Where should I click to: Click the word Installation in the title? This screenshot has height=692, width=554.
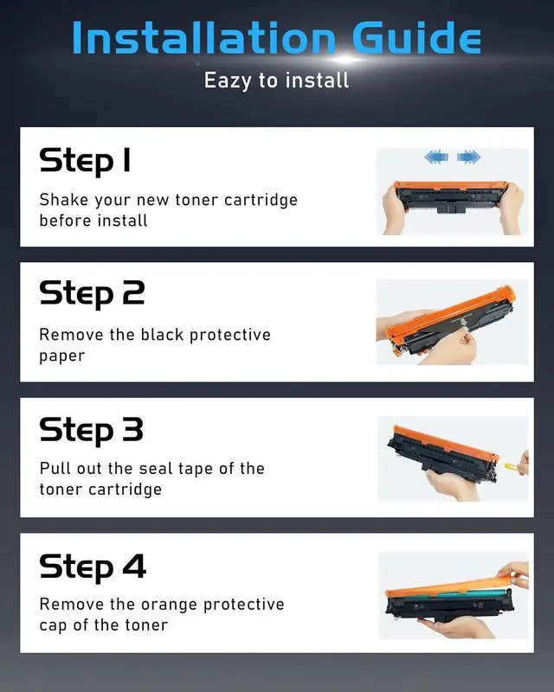[203, 38]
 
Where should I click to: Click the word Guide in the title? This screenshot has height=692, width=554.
[416, 37]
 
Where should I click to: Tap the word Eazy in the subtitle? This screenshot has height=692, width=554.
[228, 81]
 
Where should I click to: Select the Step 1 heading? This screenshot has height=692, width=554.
[85, 162]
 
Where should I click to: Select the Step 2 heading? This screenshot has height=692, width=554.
[92, 295]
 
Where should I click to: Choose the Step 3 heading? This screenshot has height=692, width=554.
[92, 431]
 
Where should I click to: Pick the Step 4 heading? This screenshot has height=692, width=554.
[93, 568]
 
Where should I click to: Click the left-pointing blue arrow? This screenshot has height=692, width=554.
[436, 157]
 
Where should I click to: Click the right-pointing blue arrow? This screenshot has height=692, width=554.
[468, 157]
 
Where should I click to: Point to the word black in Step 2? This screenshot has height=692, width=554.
[162, 335]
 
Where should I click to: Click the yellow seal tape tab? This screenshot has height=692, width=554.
[512, 465]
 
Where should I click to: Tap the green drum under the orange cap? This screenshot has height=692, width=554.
[446, 595]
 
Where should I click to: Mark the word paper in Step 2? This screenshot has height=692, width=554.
[61, 356]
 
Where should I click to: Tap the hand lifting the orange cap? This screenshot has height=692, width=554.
[515, 573]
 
